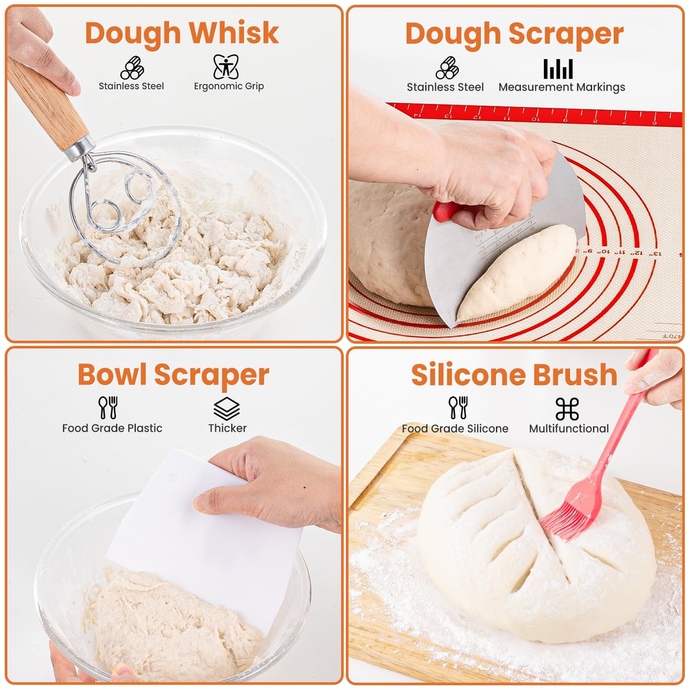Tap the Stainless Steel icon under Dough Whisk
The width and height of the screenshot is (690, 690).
132,67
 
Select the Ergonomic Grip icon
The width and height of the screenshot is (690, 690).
226,66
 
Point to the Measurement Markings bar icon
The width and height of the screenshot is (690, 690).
558,69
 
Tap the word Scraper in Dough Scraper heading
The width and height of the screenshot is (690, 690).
565,34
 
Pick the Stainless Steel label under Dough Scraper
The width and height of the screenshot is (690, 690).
445,87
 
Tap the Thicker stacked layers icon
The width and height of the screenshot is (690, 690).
226,408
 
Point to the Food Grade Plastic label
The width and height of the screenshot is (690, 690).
112,428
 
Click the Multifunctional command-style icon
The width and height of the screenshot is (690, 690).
567,408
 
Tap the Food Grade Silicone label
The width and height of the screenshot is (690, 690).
455,428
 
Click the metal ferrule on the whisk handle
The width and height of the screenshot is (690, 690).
80,146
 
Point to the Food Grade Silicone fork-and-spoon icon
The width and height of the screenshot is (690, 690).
458,407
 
